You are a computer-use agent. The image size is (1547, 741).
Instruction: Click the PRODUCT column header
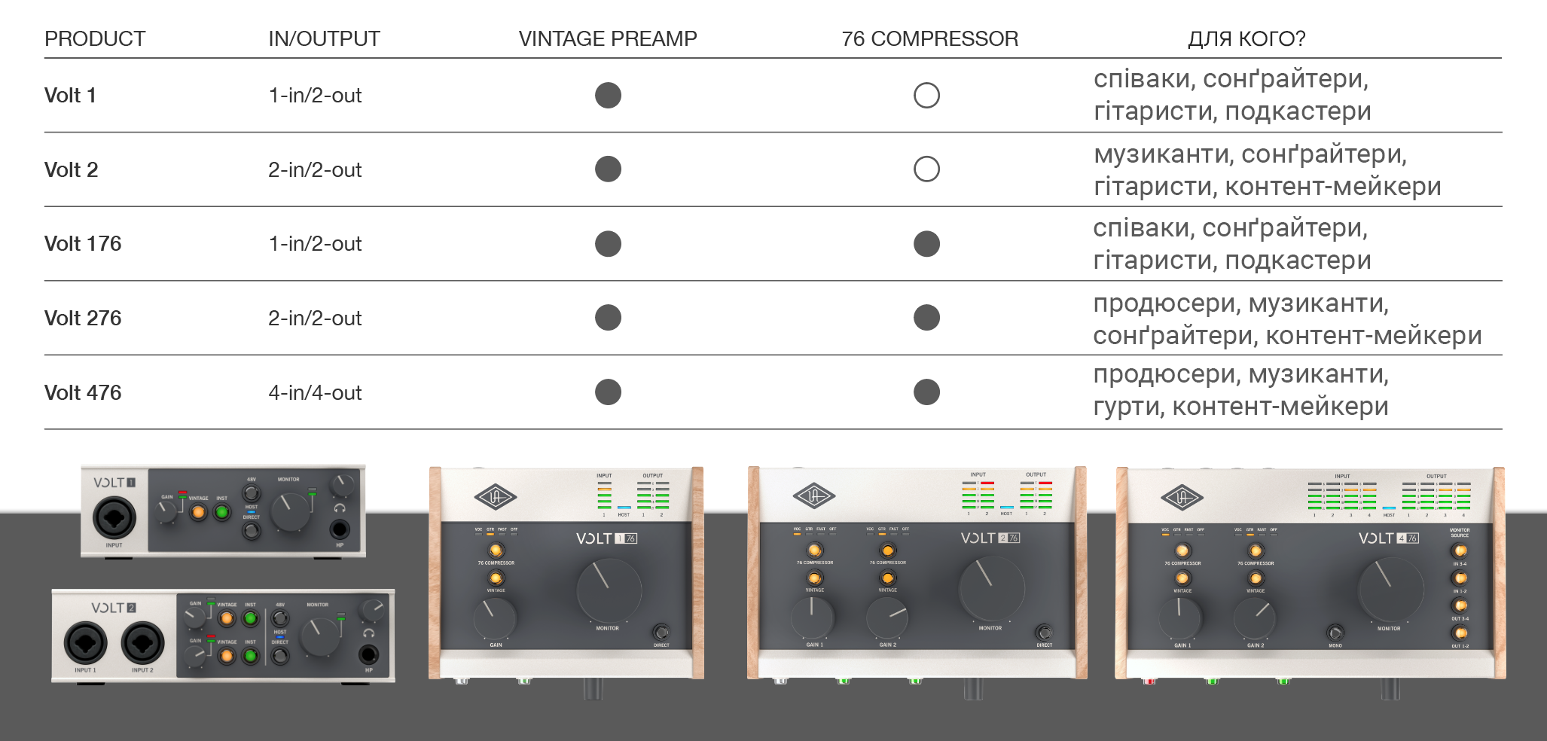pyautogui.click(x=95, y=38)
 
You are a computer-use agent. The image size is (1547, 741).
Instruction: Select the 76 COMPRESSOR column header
pyautogui.click(x=929, y=38)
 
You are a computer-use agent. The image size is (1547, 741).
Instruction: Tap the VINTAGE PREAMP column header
pyautogui.click(x=608, y=38)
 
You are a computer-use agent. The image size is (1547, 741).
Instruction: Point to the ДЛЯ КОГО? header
pyautogui.click(x=1246, y=38)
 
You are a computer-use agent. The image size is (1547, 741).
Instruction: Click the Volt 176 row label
pyautogui.click(x=83, y=243)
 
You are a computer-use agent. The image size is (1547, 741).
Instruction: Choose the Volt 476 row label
pyautogui.click(x=83, y=392)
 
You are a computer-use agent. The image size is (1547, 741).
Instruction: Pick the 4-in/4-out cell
pyautogui.click(x=315, y=392)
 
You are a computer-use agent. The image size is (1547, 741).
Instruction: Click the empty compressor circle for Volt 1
pyautogui.click(x=926, y=96)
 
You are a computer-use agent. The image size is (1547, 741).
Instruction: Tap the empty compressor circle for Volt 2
pyautogui.click(x=926, y=169)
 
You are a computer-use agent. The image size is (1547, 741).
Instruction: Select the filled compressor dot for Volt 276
pyautogui.click(x=926, y=318)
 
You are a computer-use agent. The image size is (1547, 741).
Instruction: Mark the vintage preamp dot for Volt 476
pyautogui.click(x=608, y=392)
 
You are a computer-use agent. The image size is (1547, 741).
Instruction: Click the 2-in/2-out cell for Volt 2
pyautogui.click(x=315, y=169)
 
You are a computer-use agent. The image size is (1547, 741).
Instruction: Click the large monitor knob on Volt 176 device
pyautogui.click(x=609, y=591)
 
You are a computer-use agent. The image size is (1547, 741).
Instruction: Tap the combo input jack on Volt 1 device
pyautogui.click(x=114, y=518)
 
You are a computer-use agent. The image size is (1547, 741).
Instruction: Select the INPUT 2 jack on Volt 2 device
pyautogui.click(x=142, y=644)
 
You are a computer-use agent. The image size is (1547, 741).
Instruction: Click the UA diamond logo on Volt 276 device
pyautogui.click(x=814, y=496)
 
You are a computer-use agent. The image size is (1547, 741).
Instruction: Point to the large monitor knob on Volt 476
pyautogui.click(x=1390, y=590)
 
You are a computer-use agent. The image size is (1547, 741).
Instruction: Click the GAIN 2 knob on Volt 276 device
pyautogui.click(x=887, y=617)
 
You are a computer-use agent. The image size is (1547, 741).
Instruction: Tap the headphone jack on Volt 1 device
pyautogui.click(x=340, y=529)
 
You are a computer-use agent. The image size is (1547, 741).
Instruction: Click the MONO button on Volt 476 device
pyautogui.click(x=1335, y=633)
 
